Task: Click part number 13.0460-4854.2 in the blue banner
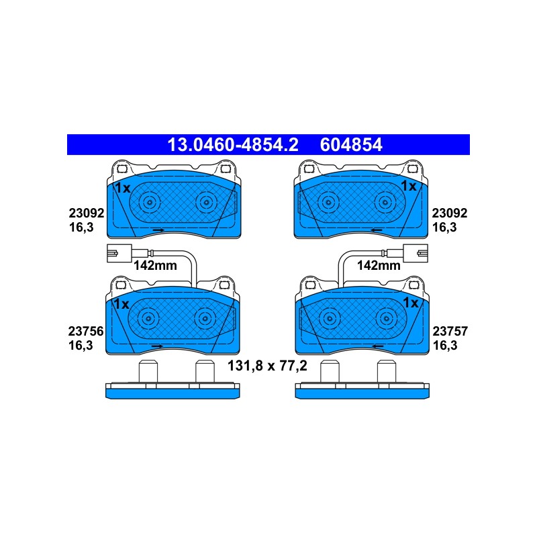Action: point(233,145)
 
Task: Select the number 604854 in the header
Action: point(351,145)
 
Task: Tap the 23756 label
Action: point(86,331)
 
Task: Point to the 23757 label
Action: point(450,331)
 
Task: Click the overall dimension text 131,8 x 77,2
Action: point(267,366)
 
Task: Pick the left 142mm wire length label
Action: point(155,265)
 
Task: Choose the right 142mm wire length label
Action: point(379,265)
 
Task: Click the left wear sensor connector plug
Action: point(119,253)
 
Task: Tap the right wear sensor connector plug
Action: point(416,253)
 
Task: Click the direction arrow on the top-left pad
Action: point(158,230)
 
